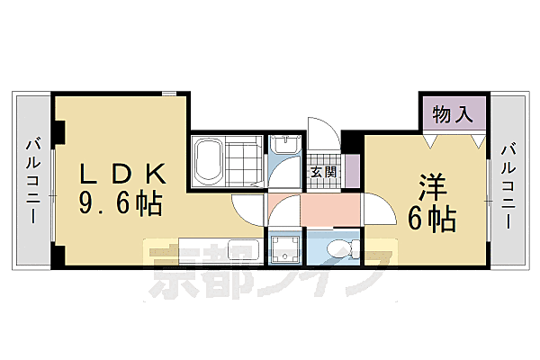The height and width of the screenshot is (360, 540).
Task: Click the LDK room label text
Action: coord(121,174)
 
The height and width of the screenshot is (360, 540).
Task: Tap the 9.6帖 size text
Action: coord(121,204)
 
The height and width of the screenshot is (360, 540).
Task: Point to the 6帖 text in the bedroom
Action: coord(434,217)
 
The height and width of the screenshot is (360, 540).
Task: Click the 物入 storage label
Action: coord(452,114)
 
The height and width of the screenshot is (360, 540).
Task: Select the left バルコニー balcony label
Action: coord(32,180)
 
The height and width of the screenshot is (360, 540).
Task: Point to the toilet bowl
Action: coord(341,248)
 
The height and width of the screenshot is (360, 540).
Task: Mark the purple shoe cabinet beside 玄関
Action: coord(351,168)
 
